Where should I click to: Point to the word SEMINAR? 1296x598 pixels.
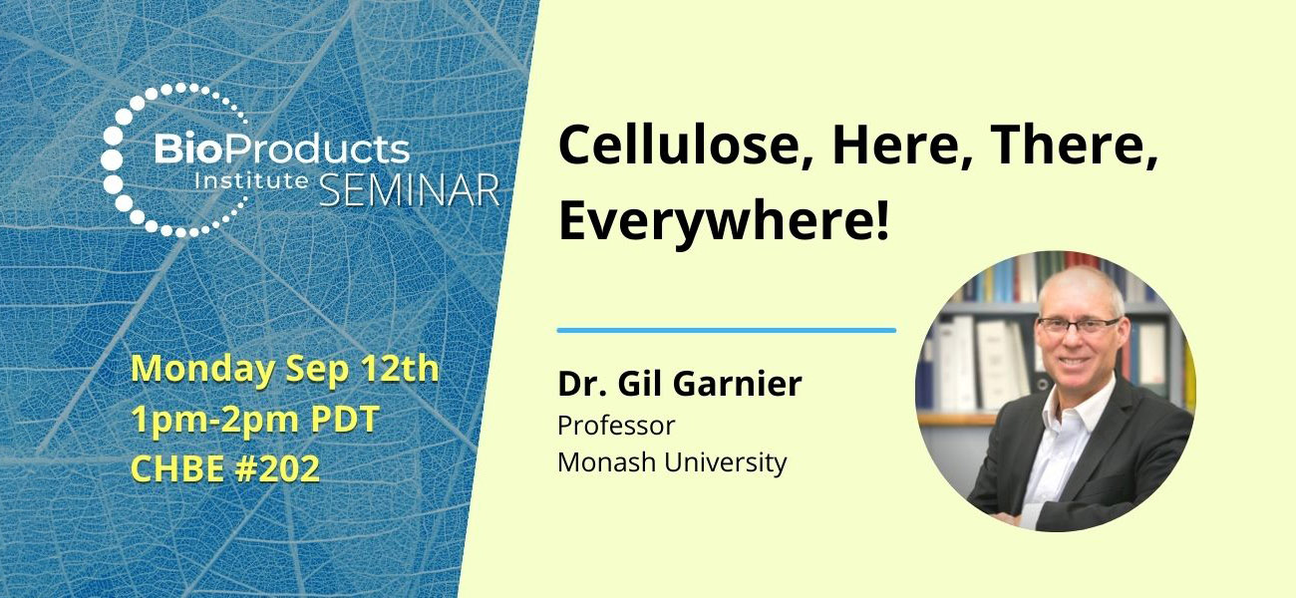(410, 189)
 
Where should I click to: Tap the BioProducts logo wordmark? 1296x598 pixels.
(280, 149)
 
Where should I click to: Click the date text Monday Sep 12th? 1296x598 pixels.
(284, 369)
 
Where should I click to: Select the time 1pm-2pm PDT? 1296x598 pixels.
(254, 420)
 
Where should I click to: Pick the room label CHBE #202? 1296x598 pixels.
(225, 468)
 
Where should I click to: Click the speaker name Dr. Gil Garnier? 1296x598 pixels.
(679, 385)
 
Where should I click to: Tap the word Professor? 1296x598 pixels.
(616, 426)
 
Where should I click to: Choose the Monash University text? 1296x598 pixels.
(672, 462)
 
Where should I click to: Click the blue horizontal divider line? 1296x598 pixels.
(726, 329)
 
